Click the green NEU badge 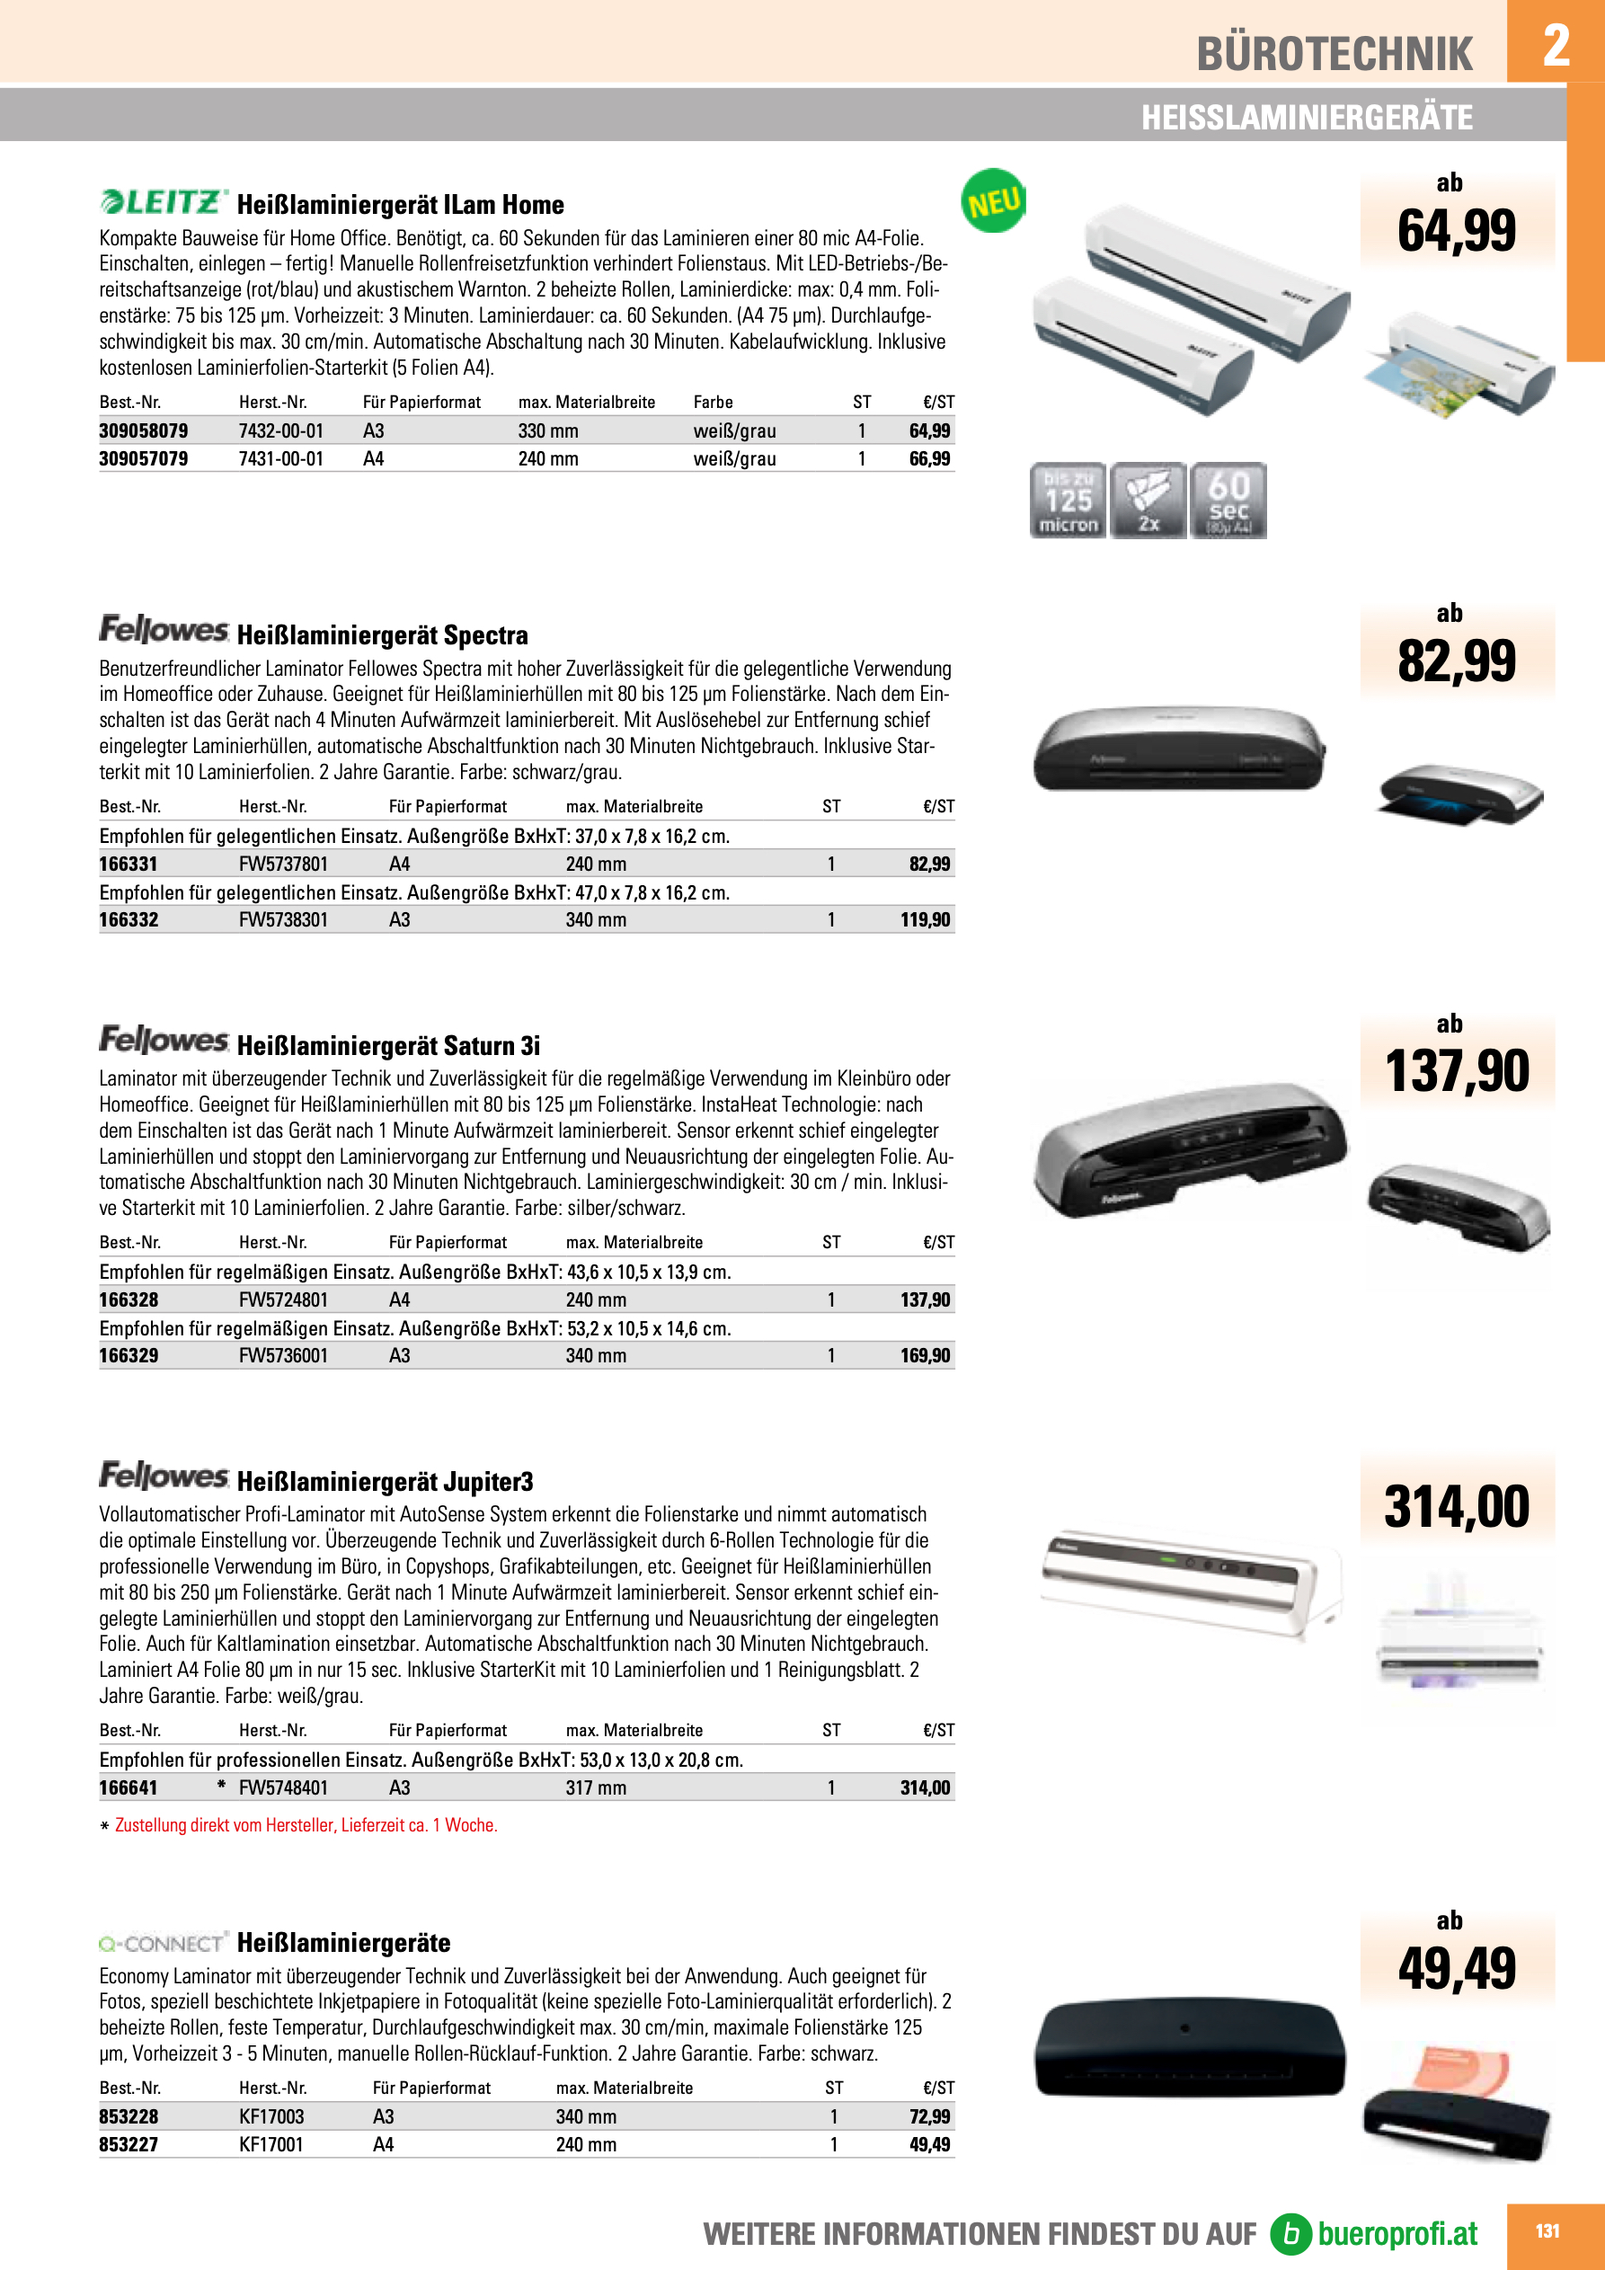[993, 201]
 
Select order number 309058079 [144, 431]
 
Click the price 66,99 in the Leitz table [928, 458]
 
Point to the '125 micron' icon [1068, 501]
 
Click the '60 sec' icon [1228, 501]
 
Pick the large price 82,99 [1456, 661]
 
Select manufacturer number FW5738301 [283, 919]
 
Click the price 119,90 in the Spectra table [925, 919]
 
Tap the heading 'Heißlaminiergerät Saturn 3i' [388, 1045]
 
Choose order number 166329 [129, 1355]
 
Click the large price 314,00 [1456, 1507]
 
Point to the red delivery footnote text [306, 1825]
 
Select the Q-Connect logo [164, 1943]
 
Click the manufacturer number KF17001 [271, 2144]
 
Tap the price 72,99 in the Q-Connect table [928, 2116]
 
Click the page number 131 [1547, 2231]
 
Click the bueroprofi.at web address [1397, 2233]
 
